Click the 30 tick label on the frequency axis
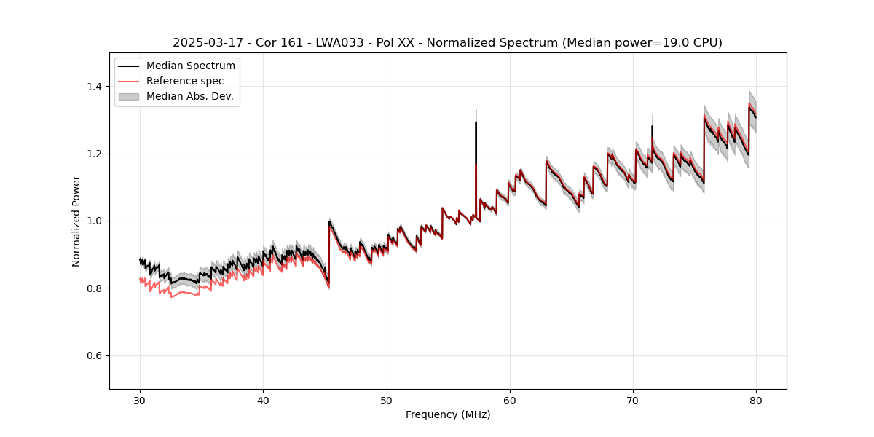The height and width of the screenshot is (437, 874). click(140, 401)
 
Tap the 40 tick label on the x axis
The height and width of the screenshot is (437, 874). click(263, 401)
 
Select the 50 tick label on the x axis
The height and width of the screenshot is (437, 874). click(387, 401)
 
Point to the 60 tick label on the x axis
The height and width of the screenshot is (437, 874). click(510, 401)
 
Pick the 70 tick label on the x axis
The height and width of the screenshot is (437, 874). click(633, 401)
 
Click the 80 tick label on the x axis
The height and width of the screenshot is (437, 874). click(756, 401)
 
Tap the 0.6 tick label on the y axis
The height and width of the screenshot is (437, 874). click(93, 355)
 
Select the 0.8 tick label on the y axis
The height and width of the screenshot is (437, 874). click(93, 288)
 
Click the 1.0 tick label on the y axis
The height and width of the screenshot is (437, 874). click(93, 221)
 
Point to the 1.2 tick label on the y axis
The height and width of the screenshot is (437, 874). click(93, 154)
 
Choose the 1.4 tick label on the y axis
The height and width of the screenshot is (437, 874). click(93, 87)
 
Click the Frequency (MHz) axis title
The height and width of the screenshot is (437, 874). click(448, 414)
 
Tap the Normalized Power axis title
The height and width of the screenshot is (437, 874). click(76, 221)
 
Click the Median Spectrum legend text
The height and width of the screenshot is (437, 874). click(191, 66)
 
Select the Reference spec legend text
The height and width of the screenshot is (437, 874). click(185, 81)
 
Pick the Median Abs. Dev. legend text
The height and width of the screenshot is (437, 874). click(190, 96)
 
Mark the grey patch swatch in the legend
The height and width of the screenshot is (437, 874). click(128, 96)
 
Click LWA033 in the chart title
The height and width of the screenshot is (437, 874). click(347, 43)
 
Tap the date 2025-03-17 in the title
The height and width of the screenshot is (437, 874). click(206, 43)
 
